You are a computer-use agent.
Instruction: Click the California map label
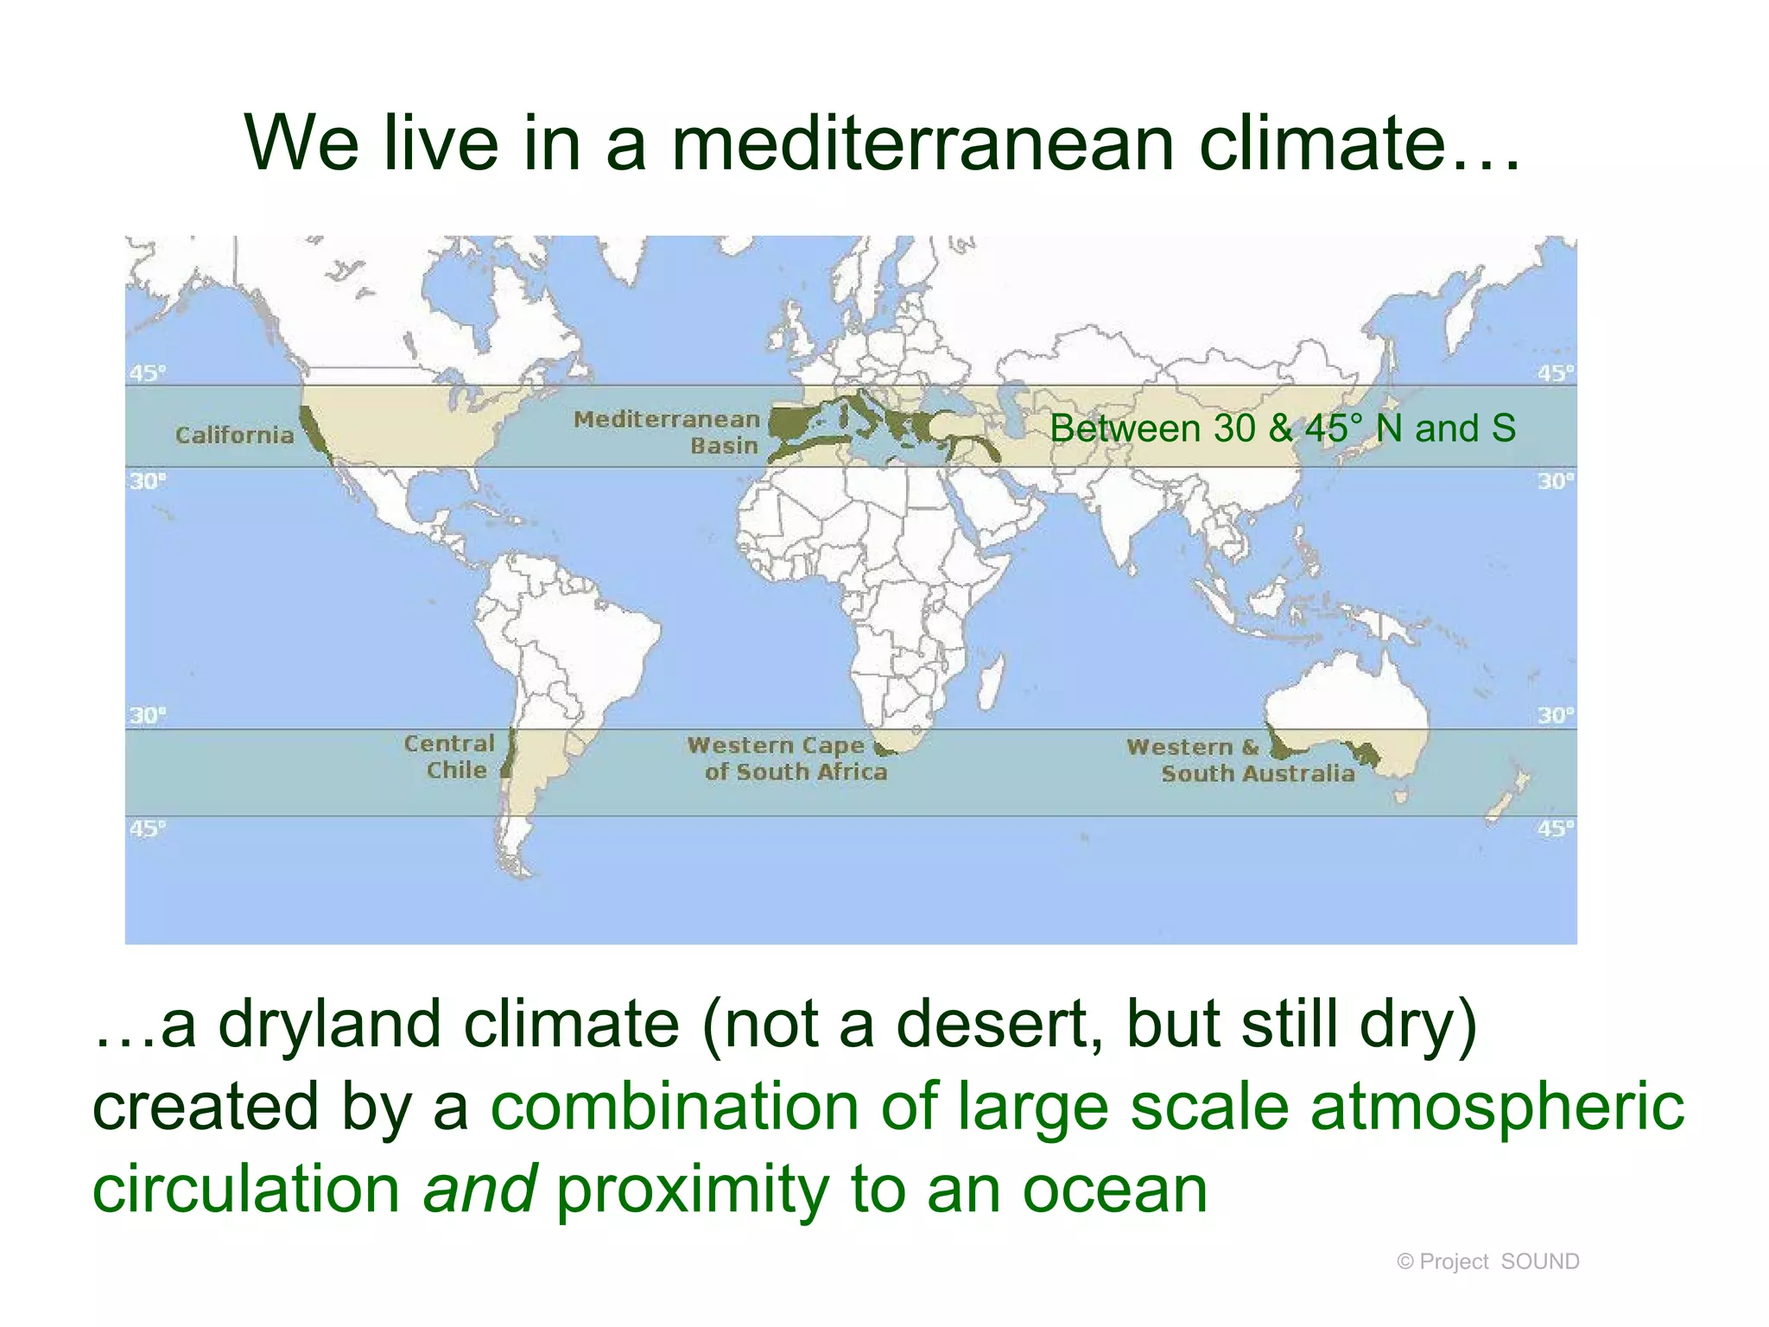tap(234, 435)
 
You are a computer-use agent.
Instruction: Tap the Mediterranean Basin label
tap(667, 432)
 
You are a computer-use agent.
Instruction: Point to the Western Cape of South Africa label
tap(786, 759)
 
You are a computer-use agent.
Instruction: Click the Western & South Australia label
tap(1240, 760)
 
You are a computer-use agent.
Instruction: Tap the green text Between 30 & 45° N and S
tap(1282, 429)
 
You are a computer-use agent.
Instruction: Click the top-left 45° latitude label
tap(147, 373)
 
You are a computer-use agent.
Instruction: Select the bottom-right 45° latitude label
tap(1556, 829)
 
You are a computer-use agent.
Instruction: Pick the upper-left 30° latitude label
tap(147, 480)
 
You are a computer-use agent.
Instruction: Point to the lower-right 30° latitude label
tap(1556, 715)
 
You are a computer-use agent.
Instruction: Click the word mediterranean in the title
tap(922, 143)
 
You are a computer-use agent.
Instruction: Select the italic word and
tap(479, 1189)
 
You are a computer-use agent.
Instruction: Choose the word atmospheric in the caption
tap(1497, 1107)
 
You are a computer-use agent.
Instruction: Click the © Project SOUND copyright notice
tap(1487, 1261)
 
